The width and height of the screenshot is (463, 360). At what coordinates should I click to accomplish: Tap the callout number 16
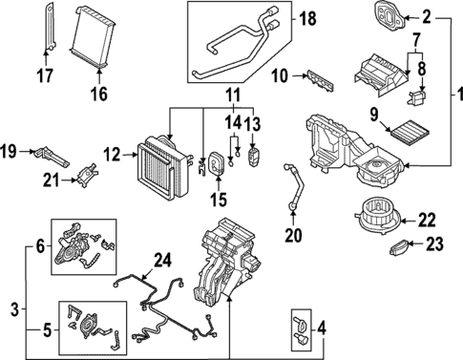[x=98, y=94]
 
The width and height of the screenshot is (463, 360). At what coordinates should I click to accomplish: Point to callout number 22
[x=426, y=219]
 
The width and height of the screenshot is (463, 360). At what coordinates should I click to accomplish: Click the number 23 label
[x=435, y=244]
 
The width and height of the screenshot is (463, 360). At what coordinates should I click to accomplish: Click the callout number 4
[x=320, y=331]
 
